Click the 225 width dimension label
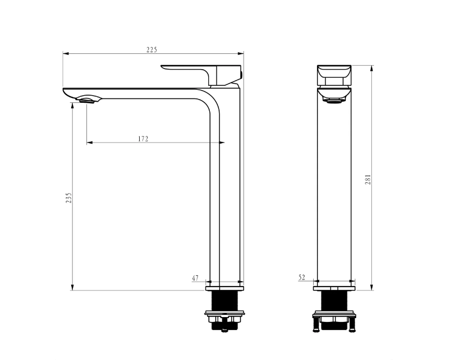point(152,50)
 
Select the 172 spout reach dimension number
point(144,139)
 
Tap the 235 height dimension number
point(69,197)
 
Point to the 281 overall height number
point(368,179)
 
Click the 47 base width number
point(195,278)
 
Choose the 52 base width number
point(302,277)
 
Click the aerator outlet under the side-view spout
point(88,101)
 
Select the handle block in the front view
point(334,75)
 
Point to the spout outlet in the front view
point(334,101)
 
